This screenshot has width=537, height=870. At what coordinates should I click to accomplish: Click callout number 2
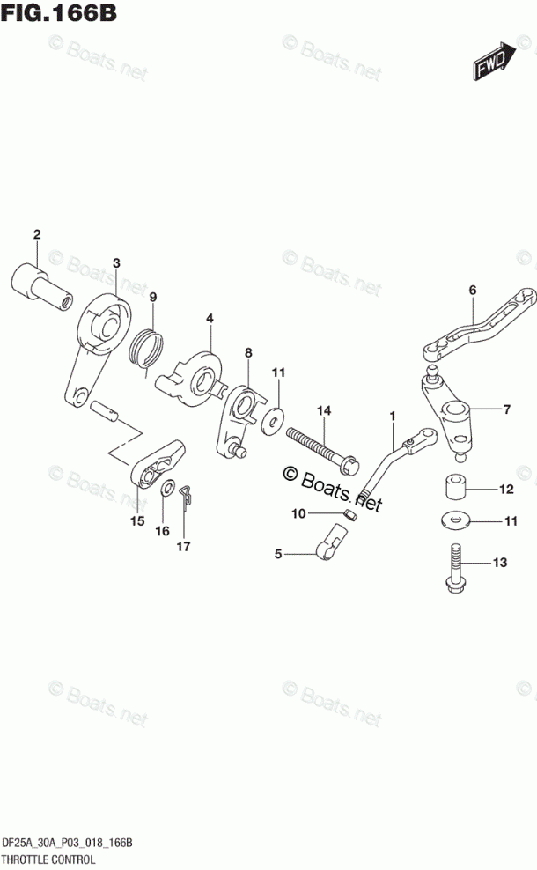[x=37, y=234]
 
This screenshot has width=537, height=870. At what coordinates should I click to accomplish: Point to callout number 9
[x=152, y=296]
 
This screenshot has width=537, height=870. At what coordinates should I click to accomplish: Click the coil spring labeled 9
[x=147, y=346]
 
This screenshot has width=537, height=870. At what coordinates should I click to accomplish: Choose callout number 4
[x=210, y=318]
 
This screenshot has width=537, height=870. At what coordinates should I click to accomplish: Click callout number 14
[x=324, y=410]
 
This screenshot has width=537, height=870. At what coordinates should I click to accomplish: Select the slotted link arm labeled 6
[x=479, y=325]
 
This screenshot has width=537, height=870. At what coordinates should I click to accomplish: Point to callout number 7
[x=506, y=409]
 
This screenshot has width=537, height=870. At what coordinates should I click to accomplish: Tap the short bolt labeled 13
[x=454, y=569]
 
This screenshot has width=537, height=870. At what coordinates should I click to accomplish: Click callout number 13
[x=501, y=562]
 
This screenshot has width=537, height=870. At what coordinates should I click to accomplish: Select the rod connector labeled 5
[x=331, y=542]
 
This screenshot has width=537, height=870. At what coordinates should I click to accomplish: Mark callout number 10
[x=299, y=512]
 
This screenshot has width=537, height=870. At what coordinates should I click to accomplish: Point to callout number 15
[x=136, y=520]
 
